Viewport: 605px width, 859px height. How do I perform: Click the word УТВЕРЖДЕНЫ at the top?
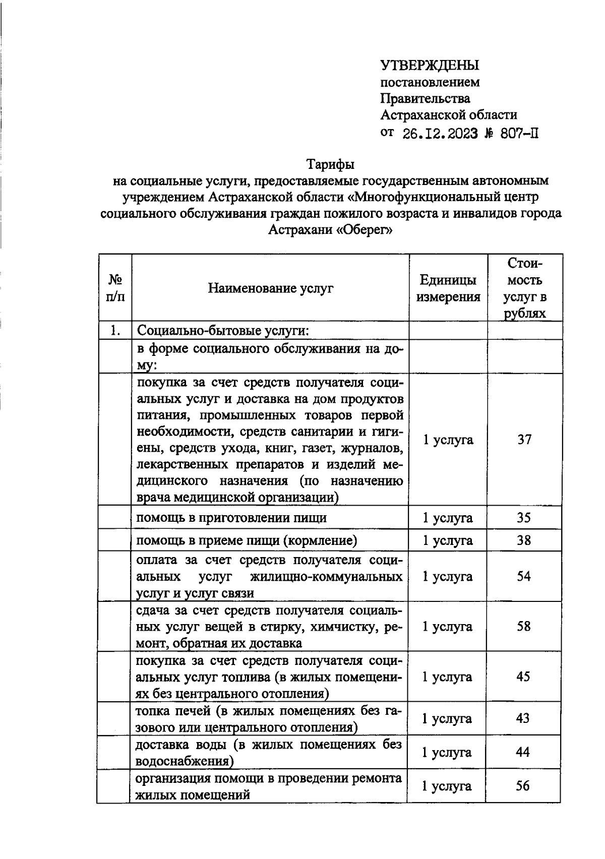(430, 66)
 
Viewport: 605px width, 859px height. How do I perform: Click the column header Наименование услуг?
(271, 288)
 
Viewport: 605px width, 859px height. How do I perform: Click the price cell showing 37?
(524, 440)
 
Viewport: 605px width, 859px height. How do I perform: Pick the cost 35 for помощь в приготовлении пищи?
(524, 518)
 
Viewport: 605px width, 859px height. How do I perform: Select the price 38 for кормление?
(524, 540)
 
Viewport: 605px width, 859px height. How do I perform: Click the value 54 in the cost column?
(524, 576)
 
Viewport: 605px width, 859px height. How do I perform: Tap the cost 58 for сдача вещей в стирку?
(524, 627)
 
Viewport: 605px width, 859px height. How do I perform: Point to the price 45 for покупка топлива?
(523, 677)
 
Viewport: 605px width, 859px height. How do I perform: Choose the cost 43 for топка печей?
(523, 718)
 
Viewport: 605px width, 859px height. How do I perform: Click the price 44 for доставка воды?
(523, 752)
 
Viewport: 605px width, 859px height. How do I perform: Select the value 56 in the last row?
(523, 785)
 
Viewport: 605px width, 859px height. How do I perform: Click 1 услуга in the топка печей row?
(447, 718)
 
